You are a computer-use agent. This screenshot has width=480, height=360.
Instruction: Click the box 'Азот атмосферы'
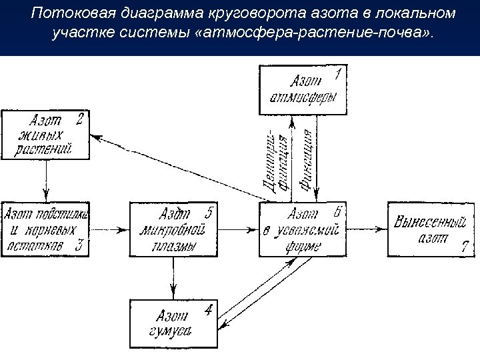(x=303, y=89)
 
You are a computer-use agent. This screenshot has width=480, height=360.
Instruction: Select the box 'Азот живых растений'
(x=46, y=135)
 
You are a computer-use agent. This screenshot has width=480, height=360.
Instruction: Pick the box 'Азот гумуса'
(x=173, y=323)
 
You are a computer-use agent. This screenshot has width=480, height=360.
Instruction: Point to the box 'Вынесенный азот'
(x=431, y=229)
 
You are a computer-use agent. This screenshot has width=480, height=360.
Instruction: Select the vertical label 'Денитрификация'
(x=275, y=160)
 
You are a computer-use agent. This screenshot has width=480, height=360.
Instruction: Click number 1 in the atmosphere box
(x=338, y=74)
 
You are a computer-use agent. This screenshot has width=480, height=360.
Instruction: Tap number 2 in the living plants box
(x=79, y=120)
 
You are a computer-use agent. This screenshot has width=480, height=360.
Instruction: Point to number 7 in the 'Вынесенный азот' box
(x=465, y=247)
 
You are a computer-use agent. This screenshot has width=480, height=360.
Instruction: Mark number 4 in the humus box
(x=209, y=310)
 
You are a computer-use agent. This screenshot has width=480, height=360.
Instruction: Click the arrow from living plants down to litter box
(x=46, y=180)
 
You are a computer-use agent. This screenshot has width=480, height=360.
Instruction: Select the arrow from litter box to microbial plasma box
(x=110, y=230)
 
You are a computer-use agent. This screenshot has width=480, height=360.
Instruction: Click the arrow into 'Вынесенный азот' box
(x=367, y=229)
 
